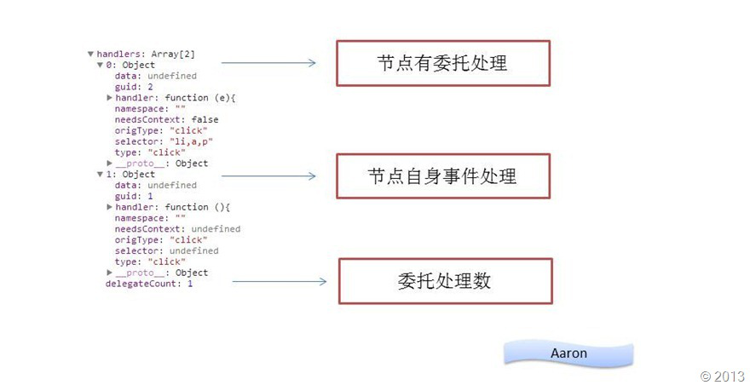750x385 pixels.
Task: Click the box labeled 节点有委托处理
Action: [x=442, y=62]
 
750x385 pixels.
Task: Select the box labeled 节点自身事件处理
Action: [x=442, y=176]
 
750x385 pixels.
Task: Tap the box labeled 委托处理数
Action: [x=445, y=281]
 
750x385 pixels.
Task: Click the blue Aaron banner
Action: [x=568, y=353]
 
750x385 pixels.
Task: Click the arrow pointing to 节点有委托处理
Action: [x=268, y=62]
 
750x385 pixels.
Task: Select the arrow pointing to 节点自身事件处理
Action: [x=268, y=176]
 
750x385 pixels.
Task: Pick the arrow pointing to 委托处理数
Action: [x=279, y=281]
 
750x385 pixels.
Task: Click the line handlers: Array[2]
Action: [x=146, y=54]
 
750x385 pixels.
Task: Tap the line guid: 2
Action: [x=134, y=87]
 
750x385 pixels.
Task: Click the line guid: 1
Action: [x=134, y=196]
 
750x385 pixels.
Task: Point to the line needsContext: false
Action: [x=166, y=119]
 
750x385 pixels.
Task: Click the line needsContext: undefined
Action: [x=177, y=228]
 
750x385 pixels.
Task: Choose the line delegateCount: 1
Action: [x=149, y=284]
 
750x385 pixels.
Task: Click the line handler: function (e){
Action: [x=175, y=98]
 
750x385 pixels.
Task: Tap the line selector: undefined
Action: [x=166, y=250]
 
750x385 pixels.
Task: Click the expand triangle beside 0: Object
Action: [x=100, y=65]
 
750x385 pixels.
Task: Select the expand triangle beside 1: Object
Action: [x=100, y=174]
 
